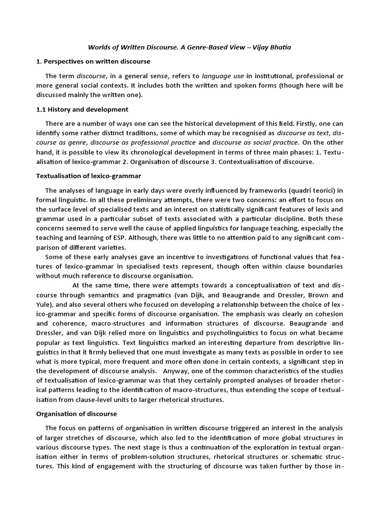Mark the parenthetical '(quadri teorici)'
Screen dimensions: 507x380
(x=314, y=190)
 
